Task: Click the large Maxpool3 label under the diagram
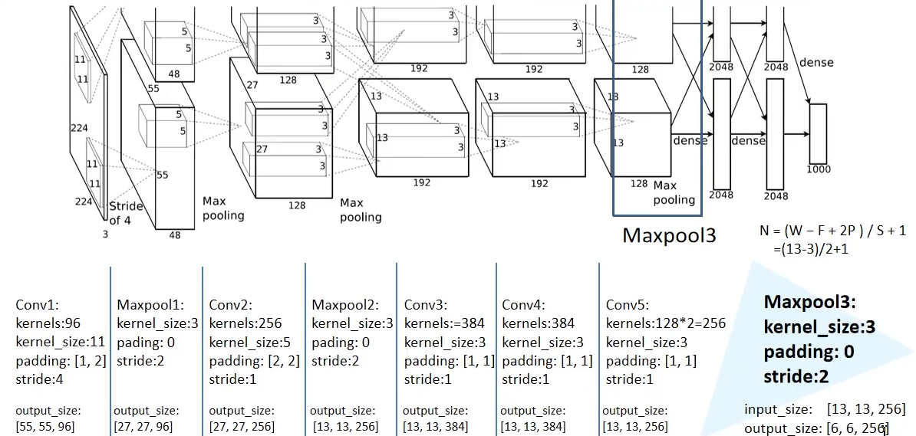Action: click(x=668, y=234)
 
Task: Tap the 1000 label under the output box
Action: click(x=819, y=169)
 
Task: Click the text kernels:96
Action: click(x=48, y=323)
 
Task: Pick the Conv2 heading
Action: click(x=228, y=304)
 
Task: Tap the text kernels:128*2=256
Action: click(x=664, y=323)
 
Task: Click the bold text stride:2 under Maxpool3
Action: click(x=796, y=376)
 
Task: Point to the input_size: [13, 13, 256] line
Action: click(x=824, y=408)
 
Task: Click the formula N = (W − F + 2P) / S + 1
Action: click(x=832, y=230)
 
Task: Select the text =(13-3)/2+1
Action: click(x=816, y=249)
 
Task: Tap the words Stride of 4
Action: click(x=126, y=212)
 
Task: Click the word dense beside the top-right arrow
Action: click(x=816, y=62)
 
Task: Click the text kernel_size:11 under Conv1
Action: click(x=61, y=341)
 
